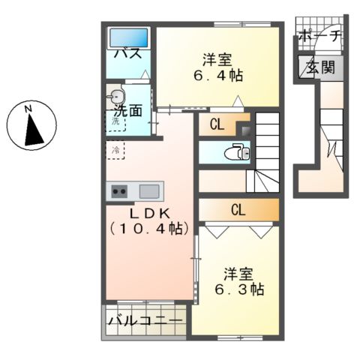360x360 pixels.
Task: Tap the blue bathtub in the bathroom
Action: pos(129,37)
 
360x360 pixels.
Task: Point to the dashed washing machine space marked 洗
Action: pos(116,121)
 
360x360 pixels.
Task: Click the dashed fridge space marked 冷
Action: pos(115,150)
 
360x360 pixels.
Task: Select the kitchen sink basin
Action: pos(148,190)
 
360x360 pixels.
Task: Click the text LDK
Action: pos(148,213)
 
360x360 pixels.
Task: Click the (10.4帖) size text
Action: pos(148,227)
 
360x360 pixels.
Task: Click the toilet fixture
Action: pos(238,153)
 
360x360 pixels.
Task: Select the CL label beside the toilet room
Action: pos(216,125)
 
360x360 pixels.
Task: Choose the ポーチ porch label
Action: pos(319,35)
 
